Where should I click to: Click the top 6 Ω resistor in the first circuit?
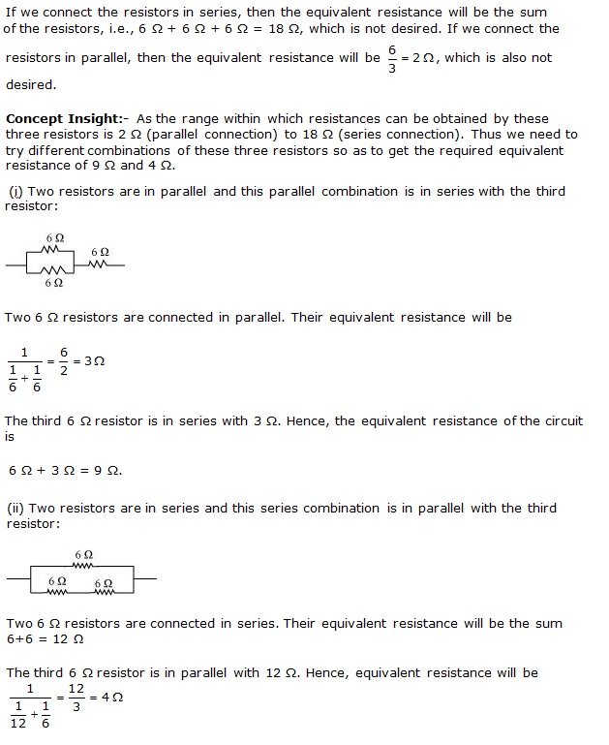(x=55, y=249)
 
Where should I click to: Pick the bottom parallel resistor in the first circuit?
(x=55, y=270)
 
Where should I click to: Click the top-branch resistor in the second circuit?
(x=83, y=567)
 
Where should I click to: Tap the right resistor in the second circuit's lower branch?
(x=103, y=587)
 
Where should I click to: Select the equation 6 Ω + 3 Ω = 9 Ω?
(x=65, y=470)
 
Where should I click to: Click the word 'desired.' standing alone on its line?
(x=30, y=84)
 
